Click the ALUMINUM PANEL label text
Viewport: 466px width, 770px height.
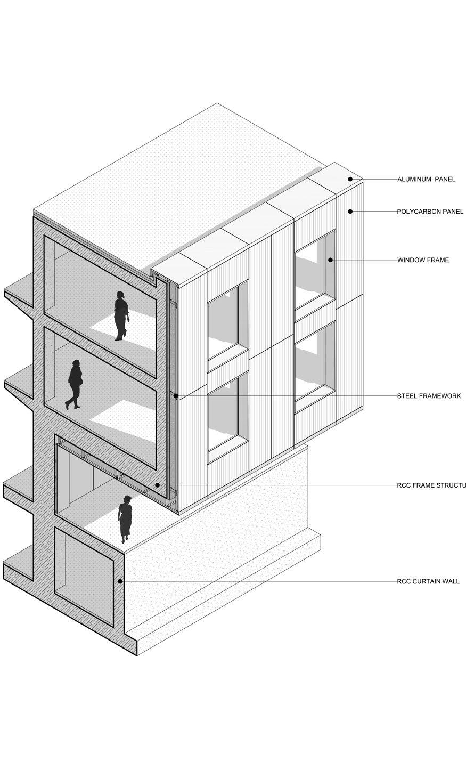426,180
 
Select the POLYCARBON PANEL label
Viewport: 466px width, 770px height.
430,212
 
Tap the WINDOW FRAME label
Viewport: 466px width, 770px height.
423,260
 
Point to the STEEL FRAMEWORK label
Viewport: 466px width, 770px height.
429,396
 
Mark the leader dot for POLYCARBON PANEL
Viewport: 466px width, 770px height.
350,212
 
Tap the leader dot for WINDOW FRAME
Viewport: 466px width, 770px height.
331,260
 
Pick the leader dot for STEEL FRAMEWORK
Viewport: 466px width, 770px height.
176,396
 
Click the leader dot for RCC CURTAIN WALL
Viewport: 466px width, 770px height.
121,581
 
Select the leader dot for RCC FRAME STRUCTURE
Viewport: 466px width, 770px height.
157,485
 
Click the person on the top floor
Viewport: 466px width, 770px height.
121,316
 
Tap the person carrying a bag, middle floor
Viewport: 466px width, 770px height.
75,384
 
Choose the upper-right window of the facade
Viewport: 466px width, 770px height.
314,272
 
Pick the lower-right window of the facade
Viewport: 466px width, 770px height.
314,362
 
